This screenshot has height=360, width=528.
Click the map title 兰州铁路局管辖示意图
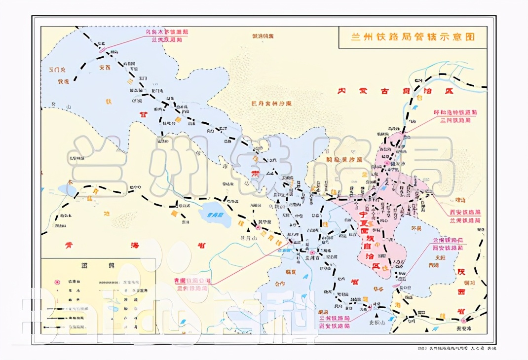pyautogui.click(x=412, y=37)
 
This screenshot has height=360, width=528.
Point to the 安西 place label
pyautogui.click(x=105, y=68)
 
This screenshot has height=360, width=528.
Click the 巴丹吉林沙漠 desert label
pyautogui.click(x=271, y=104)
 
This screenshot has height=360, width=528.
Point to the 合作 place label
pyautogui.click(x=279, y=284)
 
